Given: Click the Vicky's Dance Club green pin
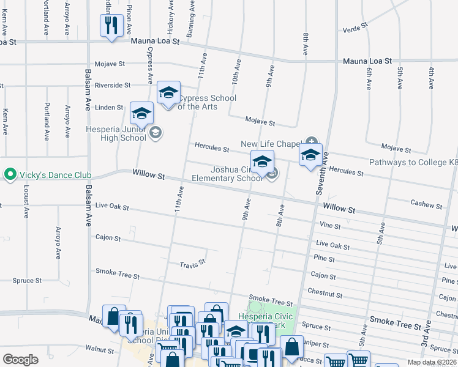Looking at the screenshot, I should (x=10, y=175).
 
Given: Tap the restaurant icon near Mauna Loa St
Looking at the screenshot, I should (x=111, y=25).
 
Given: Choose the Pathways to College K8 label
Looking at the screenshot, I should (x=413, y=163).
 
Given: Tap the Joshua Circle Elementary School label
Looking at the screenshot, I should (x=227, y=174).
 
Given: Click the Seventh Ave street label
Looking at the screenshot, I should (x=321, y=174).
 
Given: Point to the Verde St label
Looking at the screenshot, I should (x=355, y=28).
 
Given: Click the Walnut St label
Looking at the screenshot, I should (x=100, y=349).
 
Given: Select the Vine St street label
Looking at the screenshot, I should (x=330, y=226).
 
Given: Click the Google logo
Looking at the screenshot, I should (x=20, y=359).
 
